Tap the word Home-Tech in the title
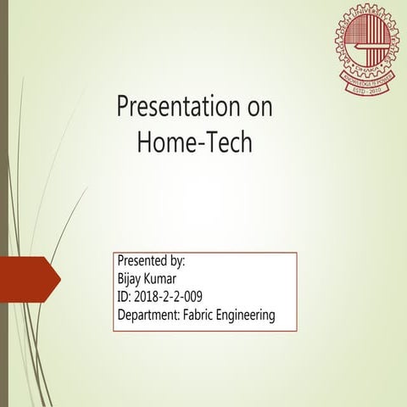click(195, 142)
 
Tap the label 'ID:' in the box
click(124, 297)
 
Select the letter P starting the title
click(122, 109)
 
